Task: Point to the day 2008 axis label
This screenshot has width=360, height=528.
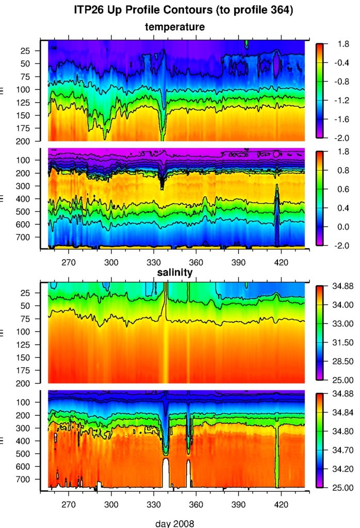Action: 175,523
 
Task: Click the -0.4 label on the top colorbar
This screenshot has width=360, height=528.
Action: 336,63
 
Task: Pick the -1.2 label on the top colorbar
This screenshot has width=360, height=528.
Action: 336,101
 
